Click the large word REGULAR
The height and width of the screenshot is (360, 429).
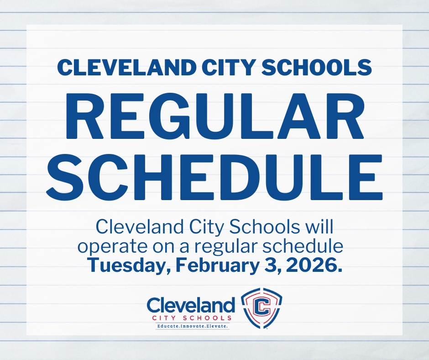[x=214, y=116]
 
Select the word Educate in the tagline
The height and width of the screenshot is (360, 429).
[x=168, y=327]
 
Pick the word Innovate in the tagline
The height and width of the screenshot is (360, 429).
[x=194, y=327]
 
